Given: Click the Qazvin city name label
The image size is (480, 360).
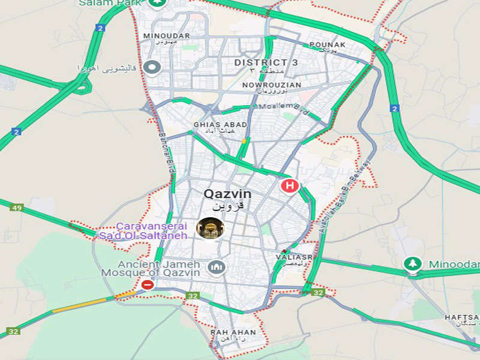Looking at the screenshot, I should pyautogui.click(x=227, y=194).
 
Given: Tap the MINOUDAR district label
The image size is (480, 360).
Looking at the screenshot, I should pyautogui.click(x=166, y=36).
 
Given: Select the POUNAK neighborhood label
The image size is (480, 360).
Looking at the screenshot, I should pyautogui.click(x=328, y=45).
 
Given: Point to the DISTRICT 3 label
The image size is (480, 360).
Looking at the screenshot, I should pyautogui.click(x=266, y=62).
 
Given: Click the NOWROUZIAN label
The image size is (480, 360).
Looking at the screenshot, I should pyautogui.click(x=271, y=85).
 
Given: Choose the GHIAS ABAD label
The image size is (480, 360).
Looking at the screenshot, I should pyautogui.click(x=220, y=125).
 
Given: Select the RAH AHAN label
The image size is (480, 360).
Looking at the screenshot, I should pyautogui.click(x=233, y=332).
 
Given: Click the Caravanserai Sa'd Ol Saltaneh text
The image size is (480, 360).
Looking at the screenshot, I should pyautogui.click(x=152, y=230).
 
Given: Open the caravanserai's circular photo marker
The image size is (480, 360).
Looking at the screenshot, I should pyautogui.click(x=210, y=228).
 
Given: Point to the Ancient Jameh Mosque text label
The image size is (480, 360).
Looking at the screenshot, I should pyautogui.click(x=158, y=268).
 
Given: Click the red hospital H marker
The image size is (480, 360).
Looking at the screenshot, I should pyautogui.click(x=290, y=186).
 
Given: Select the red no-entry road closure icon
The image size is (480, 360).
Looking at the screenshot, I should pyautogui.click(x=147, y=285).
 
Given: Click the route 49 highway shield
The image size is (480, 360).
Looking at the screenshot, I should pyautogui.click(x=16, y=208).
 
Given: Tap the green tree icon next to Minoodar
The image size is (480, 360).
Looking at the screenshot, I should pyautogui.click(x=412, y=264).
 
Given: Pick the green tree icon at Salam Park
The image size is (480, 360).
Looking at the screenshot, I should pyautogui.click(x=158, y=2).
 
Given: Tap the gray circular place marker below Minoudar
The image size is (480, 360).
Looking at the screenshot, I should pyautogui.click(x=152, y=67).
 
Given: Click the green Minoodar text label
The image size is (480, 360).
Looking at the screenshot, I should pyautogui.click(x=454, y=265).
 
